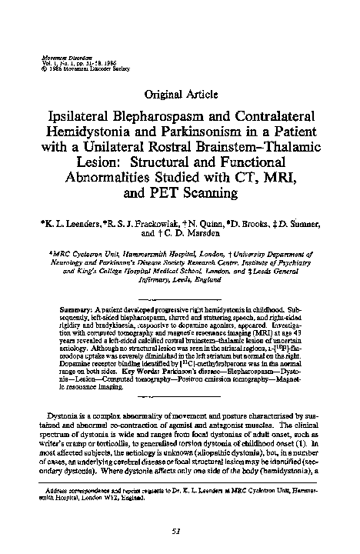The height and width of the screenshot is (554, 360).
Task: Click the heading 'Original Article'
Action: tap(179, 95)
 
